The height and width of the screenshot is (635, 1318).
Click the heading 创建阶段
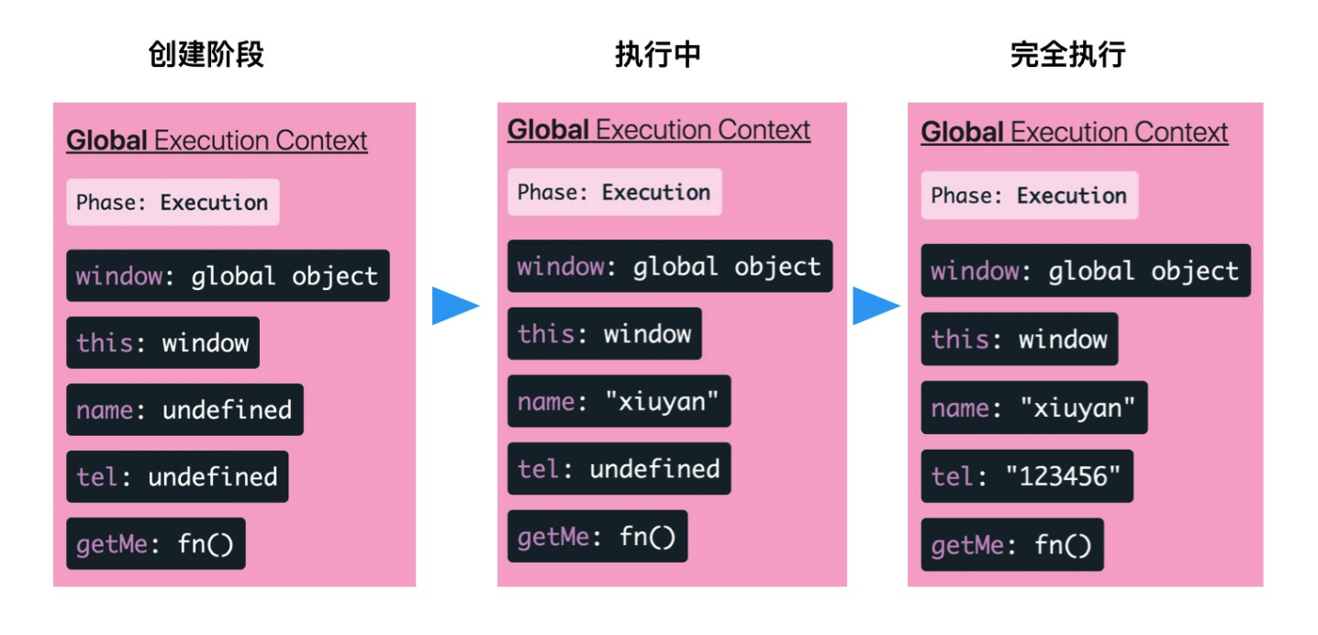click(206, 55)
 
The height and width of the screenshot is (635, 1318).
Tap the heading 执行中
click(657, 55)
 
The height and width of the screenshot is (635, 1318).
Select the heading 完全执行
click(1067, 55)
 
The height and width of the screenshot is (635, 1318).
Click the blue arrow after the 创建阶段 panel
click(454, 306)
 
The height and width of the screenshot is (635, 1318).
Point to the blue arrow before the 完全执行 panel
click(875, 306)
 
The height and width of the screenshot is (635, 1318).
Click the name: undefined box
click(184, 409)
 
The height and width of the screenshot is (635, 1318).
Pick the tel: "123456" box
click(1027, 475)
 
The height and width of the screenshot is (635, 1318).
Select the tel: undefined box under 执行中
click(619, 469)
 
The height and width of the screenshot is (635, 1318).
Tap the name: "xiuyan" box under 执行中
click(619, 402)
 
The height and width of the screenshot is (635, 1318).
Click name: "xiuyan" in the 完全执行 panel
click(1033, 407)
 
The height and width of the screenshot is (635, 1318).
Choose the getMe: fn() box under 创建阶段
click(155, 544)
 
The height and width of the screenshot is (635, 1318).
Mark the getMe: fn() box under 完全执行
click(1011, 546)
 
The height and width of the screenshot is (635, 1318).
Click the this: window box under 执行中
click(604, 333)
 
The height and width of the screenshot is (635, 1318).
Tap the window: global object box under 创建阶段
click(228, 276)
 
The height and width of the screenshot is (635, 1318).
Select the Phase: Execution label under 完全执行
click(1029, 195)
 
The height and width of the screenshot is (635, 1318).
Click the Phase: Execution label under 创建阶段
click(173, 203)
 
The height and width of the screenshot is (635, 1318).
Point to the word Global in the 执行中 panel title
click(548, 130)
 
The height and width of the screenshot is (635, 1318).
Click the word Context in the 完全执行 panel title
click(1179, 132)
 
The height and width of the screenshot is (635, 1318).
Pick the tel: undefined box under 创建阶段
click(177, 476)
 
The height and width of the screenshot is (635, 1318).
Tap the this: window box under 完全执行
click(1019, 340)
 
